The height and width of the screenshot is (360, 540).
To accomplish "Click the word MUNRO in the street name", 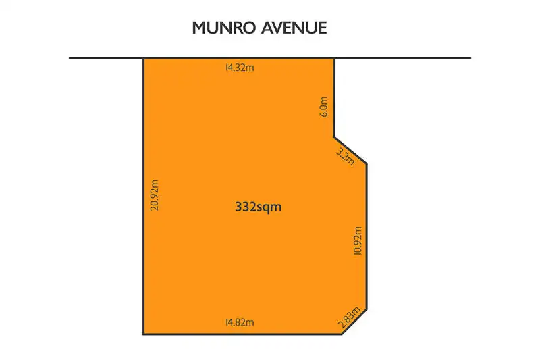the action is coord(220,28).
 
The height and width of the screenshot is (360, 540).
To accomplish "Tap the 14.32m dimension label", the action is coord(240,68).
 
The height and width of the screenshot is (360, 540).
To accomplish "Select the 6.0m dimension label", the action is coord(325,109).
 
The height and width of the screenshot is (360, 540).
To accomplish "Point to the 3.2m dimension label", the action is coord(344,155).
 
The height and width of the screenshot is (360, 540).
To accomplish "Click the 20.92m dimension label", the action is coord(155,196).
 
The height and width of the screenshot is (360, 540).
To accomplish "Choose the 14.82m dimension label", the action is coord(240,324).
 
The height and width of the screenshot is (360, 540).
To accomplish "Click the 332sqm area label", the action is coord(257,208).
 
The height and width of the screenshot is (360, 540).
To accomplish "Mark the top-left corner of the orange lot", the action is coord(143,59).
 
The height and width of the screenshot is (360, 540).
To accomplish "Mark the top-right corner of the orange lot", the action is coord(335,59).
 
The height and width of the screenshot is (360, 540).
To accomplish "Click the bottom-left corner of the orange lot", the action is coord(143,334).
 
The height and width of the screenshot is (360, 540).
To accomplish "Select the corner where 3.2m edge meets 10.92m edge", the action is coord(367,163).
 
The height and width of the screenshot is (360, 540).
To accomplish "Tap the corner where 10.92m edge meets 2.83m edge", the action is coord(367,308).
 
